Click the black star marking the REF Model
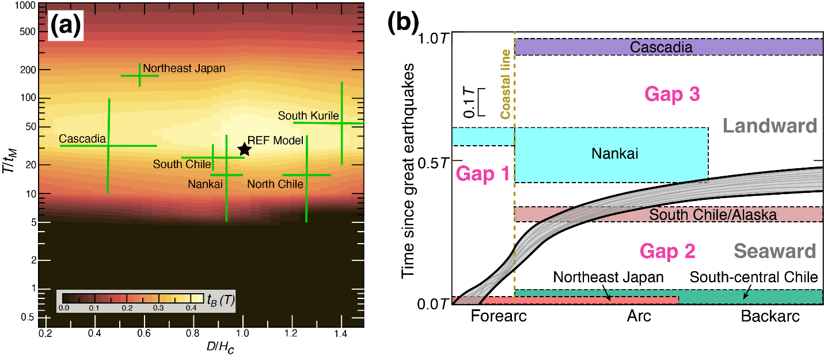[x=244, y=149]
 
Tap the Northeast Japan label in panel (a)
[x=184, y=69]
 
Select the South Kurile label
[x=308, y=116]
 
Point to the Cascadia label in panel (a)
[x=82, y=139]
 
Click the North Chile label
[x=275, y=184]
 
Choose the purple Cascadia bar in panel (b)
[x=668, y=47]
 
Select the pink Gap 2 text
[x=667, y=252]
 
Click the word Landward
[x=770, y=126]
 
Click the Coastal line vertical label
[x=506, y=84]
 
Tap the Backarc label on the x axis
[x=770, y=316]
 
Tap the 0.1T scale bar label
[x=469, y=101]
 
